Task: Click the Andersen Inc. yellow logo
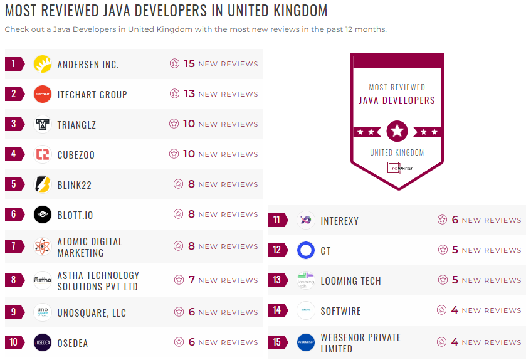(x=43, y=64)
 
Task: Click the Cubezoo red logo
(x=43, y=154)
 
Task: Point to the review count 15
(x=189, y=63)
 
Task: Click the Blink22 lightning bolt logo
(x=43, y=184)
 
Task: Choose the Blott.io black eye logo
(x=43, y=214)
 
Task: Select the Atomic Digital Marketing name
(x=90, y=247)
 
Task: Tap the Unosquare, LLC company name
(x=92, y=312)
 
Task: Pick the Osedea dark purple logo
(x=43, y=342)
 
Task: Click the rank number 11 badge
(x=277, y=220)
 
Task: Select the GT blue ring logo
(x=306, y=251)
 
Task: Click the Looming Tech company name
(x=350, y=281)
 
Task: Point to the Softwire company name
(x=340, y=311)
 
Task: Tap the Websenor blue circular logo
(x=306, y=342)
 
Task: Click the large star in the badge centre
(x=397, y=132)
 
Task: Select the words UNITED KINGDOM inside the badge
(x=397, y=152)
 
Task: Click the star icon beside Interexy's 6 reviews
(x=443, y=220)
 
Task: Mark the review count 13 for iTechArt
(x=189, y=93)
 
